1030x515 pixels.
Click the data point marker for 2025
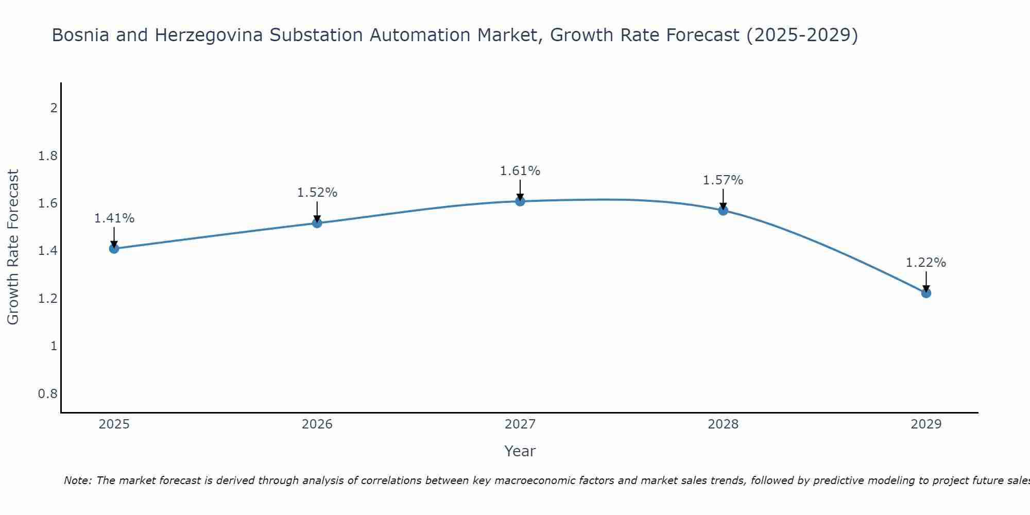[114, 249]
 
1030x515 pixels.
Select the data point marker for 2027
[520, 201]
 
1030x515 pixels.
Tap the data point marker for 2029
[926, 293]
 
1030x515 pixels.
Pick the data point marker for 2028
[723, 210]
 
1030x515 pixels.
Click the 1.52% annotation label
[317, 193]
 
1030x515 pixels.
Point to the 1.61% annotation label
[520, 171]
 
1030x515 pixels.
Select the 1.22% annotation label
[926, 263]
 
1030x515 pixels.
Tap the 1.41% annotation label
[114, 218]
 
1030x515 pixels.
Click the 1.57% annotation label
[723, 180]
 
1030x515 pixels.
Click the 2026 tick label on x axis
[317, 424]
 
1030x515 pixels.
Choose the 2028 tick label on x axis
[723, 424]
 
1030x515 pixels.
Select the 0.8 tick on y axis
[47, 394]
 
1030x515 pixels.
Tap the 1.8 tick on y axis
[47, 156]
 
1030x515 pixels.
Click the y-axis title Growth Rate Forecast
[13, 247]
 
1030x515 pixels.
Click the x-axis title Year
[520, 451]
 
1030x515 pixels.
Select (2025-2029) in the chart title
[802, 36]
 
